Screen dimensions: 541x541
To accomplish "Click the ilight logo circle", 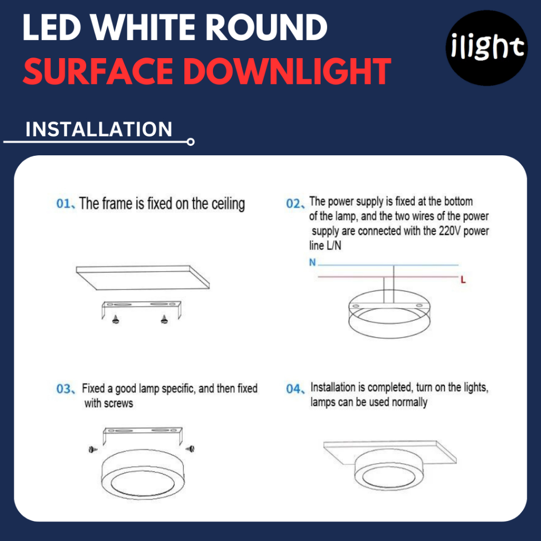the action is click(487, 48).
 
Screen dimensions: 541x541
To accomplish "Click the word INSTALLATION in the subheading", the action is click(99, 129).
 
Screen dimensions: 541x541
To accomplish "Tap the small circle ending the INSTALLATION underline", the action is click(190, 142).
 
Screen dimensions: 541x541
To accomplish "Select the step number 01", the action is click(63, 203).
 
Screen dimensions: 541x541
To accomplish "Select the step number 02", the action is click(293, 203).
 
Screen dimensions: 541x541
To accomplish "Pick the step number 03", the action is click(63, 389).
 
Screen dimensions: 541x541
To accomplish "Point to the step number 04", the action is click(293, 389).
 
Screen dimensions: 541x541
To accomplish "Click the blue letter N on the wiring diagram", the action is click(312, 263).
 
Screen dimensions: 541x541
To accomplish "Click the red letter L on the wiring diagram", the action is click(463, 280).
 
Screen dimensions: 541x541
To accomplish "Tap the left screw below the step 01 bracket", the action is click(116, 320).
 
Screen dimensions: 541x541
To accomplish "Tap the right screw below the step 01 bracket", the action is click(164, 320).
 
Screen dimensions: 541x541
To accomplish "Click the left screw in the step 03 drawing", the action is click(93, 449).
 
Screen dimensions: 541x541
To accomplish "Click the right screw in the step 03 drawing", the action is click(190, 449).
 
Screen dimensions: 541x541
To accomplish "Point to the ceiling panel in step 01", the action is click(143, 277).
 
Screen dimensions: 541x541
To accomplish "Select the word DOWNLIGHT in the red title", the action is click(287, 71).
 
